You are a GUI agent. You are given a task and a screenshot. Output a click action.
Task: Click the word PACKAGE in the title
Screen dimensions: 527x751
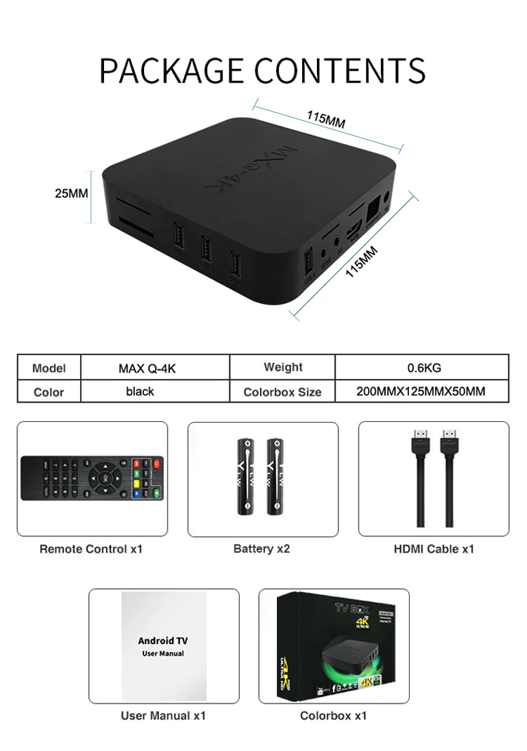(172, 71)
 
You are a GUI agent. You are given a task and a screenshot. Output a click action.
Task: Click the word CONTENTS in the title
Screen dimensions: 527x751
(340, 71)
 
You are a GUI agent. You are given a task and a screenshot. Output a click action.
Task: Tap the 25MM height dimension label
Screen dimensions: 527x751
(72, 193)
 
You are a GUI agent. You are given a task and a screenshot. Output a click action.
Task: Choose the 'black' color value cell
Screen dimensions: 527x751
(140, 391)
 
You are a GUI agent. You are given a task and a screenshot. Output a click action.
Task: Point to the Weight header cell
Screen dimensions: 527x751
(283, 367)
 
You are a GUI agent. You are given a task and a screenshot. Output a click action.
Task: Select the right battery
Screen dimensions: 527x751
(275, 475)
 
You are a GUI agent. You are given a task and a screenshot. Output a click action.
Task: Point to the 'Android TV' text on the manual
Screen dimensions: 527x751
(163, 641)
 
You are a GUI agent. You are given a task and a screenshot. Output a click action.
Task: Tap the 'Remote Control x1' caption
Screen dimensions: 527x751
(91, 548)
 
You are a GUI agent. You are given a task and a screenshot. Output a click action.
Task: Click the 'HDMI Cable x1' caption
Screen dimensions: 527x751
(434, 548)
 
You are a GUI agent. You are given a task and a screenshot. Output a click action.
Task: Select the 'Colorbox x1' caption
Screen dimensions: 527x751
(333, 716)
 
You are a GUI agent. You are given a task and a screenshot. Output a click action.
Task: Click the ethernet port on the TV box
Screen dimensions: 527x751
(374, 208)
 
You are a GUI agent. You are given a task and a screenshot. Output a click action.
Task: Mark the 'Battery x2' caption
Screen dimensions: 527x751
(261, 548)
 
